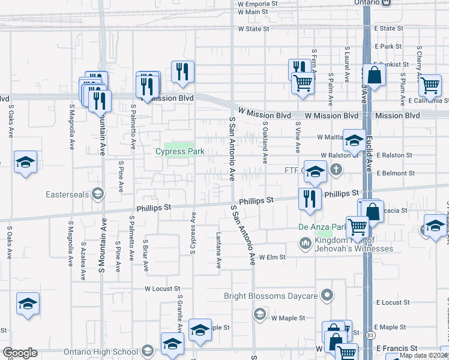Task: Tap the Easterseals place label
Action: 68,194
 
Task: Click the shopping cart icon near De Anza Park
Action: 358,227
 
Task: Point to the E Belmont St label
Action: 394,173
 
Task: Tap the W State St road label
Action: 253,28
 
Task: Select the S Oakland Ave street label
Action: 265,141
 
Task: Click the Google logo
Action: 19,353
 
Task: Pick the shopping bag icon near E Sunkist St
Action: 374,76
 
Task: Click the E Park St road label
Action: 388,46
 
